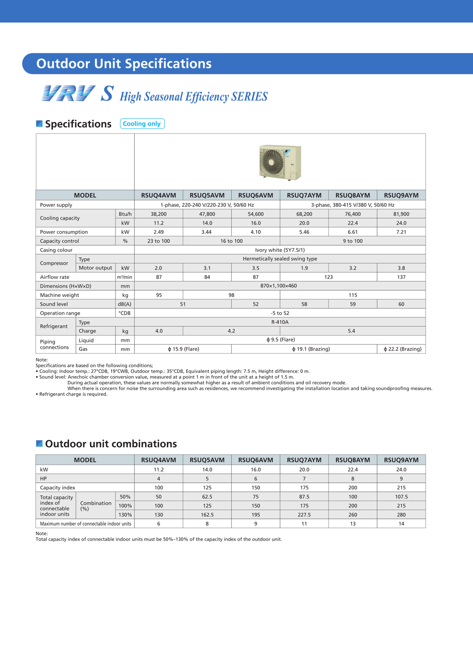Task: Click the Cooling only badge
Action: (x=142, y=124)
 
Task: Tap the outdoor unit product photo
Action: (x=280, y=162)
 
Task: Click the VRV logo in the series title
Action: (x=69, y=93)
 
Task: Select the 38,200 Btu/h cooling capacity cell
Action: (x=159, y=214)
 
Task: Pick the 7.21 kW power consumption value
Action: (x=401, y=232)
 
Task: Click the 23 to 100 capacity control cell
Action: (x=159, y=241)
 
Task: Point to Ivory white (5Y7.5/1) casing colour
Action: (x=280, y=250)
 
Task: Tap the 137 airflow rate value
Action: (x=401, y=277)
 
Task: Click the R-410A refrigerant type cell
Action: (x=280, y=322)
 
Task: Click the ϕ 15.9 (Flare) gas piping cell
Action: (x=183, y=349)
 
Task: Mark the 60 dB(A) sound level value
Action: (x=401, y=304)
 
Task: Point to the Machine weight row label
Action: (x=59, y=295)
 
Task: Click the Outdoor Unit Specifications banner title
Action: (x=124, y=64)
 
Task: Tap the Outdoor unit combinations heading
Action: (x=111, y=444)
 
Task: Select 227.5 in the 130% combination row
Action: (x=304, y=515)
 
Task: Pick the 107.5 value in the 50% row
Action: (x=401, y=497)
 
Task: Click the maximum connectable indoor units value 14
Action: (x=401, y=524)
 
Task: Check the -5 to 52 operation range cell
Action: (x=280, y=313)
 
